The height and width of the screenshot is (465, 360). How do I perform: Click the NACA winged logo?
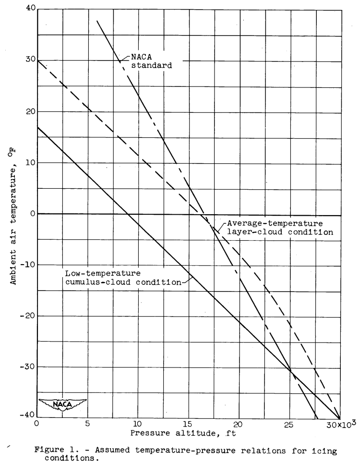coord(62,404)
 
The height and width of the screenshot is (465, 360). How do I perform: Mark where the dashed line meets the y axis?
coord(37,60)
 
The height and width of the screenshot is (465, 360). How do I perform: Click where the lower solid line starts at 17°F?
coord(37,127)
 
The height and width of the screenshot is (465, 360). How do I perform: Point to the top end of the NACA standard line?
coord(96,21)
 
